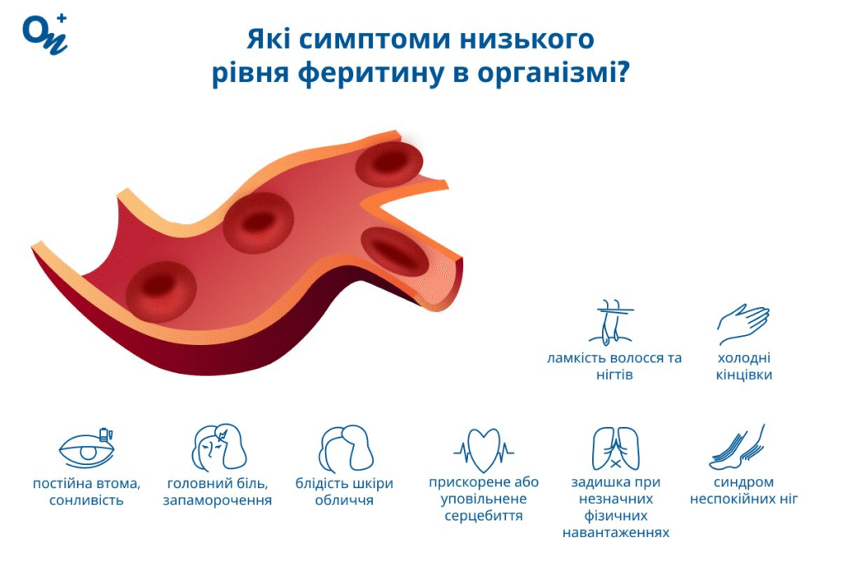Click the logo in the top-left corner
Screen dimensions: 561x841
coord(44,34)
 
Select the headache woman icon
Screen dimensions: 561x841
coord(218,447)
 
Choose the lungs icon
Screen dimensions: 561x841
coord(615,448)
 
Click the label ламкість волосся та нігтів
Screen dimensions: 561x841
coord(615,366)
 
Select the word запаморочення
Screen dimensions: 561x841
coord(218,499)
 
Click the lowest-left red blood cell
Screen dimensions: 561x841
coord(161,289)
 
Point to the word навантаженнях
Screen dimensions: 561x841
coord(616,532)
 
